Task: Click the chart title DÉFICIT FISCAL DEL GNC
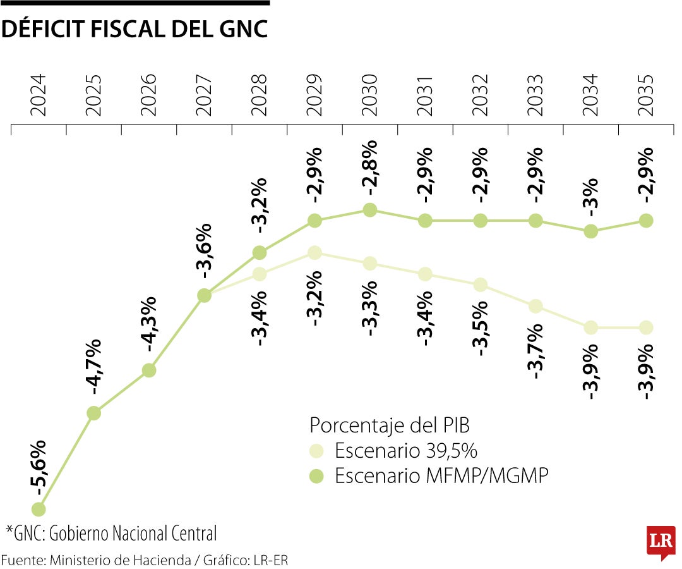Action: pos(134,29)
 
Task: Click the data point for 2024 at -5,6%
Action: pos(39,509)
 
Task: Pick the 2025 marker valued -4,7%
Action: pos(93,413)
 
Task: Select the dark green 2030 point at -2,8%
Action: pos(370,210)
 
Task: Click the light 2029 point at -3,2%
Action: pos(314,253)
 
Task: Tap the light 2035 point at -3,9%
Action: pos(646,327)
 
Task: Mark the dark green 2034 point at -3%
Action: pos(590,231)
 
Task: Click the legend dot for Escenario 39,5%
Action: pos(317,451)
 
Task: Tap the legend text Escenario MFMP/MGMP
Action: pos(441,475)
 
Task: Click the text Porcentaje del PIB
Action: pos(390,425)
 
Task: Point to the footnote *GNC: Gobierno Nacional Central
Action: pos(112,533)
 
